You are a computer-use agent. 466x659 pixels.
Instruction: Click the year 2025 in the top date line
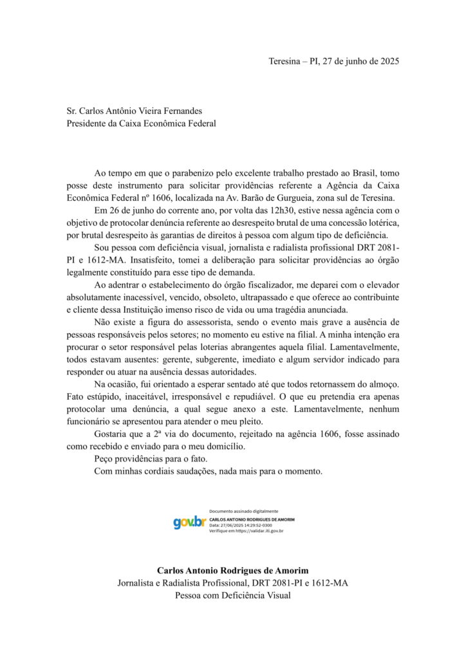387,62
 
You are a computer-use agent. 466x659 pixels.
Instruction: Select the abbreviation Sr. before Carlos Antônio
73,111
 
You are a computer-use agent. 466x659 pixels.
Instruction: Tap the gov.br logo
189,523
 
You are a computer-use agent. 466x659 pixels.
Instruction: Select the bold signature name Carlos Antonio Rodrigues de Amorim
232,570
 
